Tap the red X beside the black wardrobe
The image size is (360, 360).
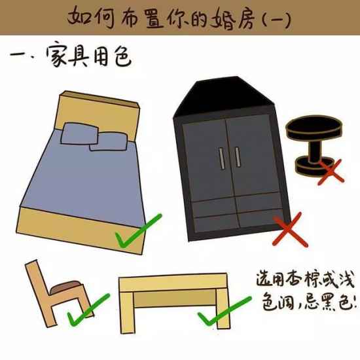click(x=290, y=230)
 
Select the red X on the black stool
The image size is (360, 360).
click(x=331, y=171)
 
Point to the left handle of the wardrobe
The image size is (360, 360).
click(x=221, y=158)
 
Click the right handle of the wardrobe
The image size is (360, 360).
click(x=238, y=157)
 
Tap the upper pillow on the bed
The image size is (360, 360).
click(x=79, y=134)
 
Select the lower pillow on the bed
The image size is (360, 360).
click(x=109, y=141)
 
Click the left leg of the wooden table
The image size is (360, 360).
click(x=127, y=312)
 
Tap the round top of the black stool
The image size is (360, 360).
click(x=314, y=127)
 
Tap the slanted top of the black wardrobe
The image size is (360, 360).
click(x=224, y=96)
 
